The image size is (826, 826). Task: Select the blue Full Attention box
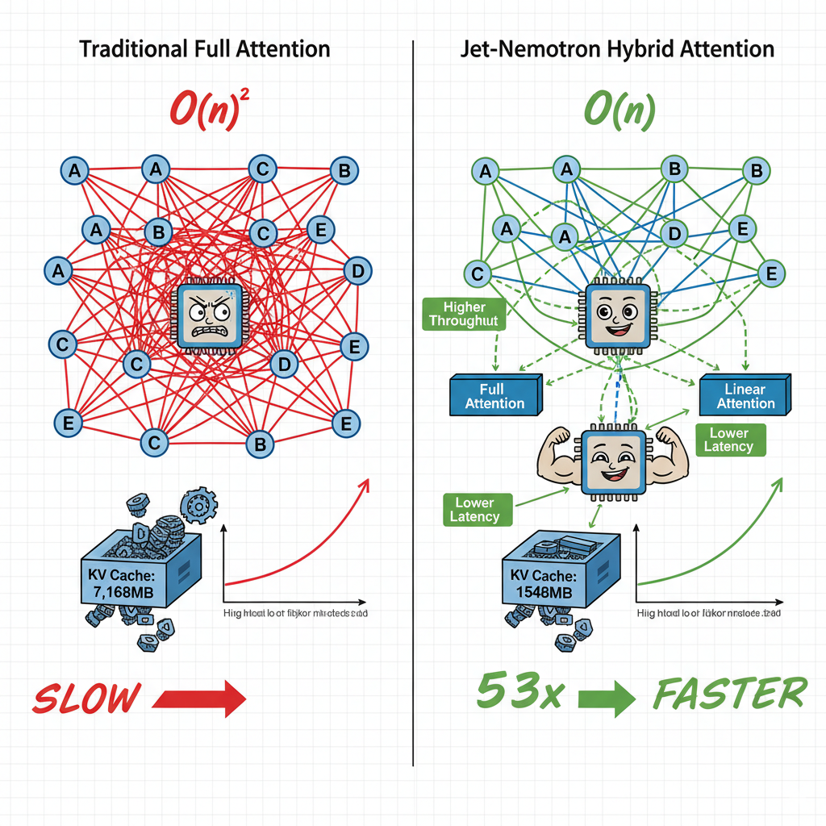pyautogui.click(x=494, y=396)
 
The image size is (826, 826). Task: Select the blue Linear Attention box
pyautogui.click(x=745, y=395)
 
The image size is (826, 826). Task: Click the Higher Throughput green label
pyautogui.click(x=463, y=314)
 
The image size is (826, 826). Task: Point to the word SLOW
pyautogui.click(x=86, y=698)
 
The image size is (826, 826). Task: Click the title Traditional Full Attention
pyautogui.click(x=205, y=48)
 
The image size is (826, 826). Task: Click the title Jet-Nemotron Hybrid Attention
pyautogui.click(x=617, y=48)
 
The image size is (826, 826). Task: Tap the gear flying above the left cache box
pyautogui.click(x=196, y=506)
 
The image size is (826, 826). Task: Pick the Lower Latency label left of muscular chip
pyautogui.click(x=478, y=510)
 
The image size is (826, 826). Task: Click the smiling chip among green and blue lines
pyautogui.click(x=615, y=316)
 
